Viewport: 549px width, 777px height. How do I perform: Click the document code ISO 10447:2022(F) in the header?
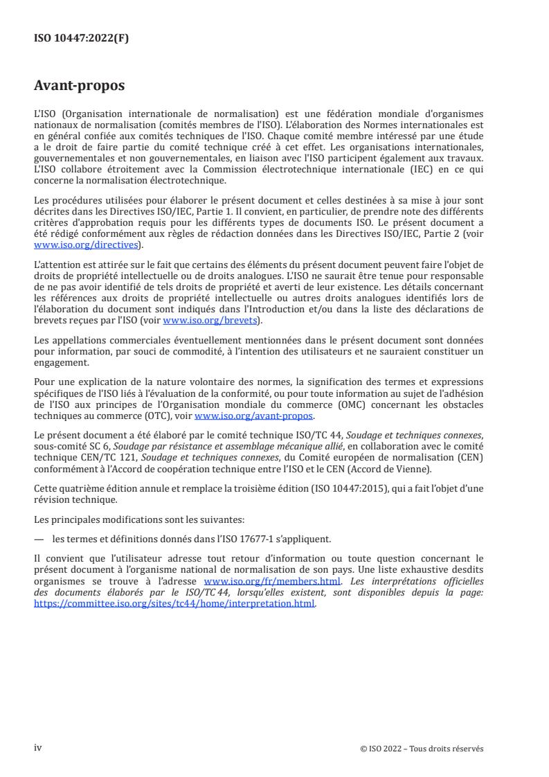[x=82, y=39]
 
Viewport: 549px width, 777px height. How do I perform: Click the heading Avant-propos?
[x=80, y=87]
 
